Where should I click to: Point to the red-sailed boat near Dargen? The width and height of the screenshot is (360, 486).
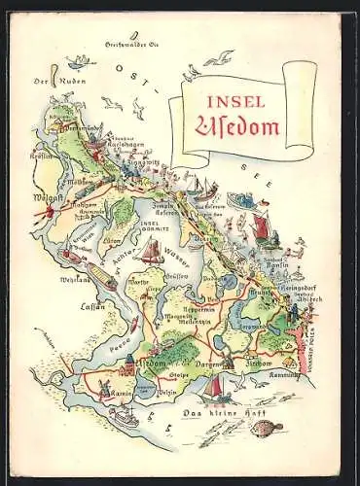pos(216,385)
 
